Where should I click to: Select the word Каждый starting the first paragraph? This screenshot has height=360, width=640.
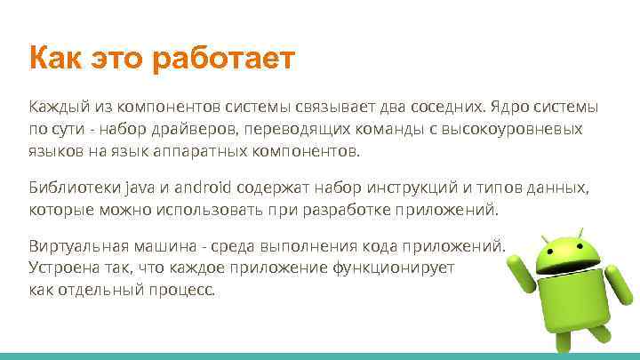pyautogui.click(x=54, y=108)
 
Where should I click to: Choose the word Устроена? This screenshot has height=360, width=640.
pyautogui.click(x=61, y=267)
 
